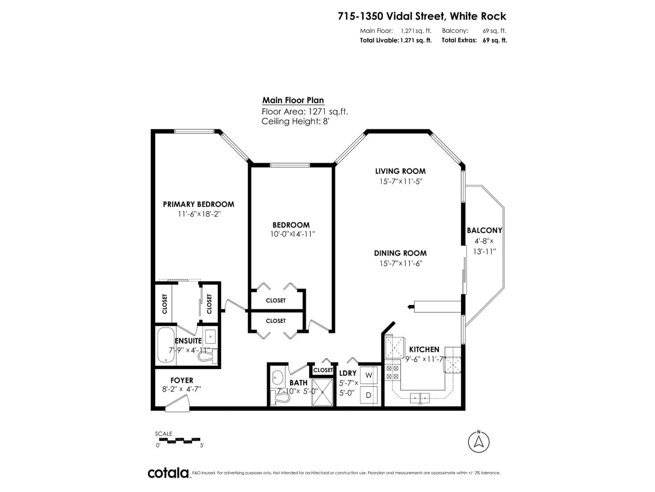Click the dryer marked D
pyautogui.click(x=368, y=395)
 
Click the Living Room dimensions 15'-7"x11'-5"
pyautogui.click(x=401, y=181)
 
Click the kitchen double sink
pyautogui.click(x=420, y=398)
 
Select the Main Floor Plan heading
pyautogui.click(x=293, y=100)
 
